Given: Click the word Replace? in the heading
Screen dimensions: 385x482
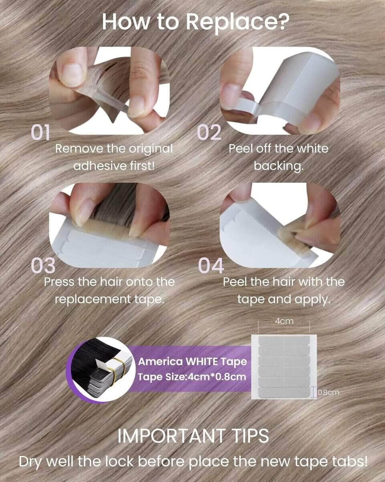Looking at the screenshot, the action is pos(237,22).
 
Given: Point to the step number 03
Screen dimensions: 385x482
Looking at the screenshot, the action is pos(43,265).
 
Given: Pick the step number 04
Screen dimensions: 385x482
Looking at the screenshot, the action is pos(211,266).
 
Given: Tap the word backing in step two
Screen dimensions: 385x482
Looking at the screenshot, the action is pos(278,166).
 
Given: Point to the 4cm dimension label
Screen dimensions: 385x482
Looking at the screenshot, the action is pos(284,321).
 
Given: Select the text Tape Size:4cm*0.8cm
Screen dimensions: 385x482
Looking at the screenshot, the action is pos(192,377).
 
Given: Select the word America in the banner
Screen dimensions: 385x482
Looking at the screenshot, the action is pos(160,362).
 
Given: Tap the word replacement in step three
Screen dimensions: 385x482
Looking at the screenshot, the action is pos(93,300).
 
